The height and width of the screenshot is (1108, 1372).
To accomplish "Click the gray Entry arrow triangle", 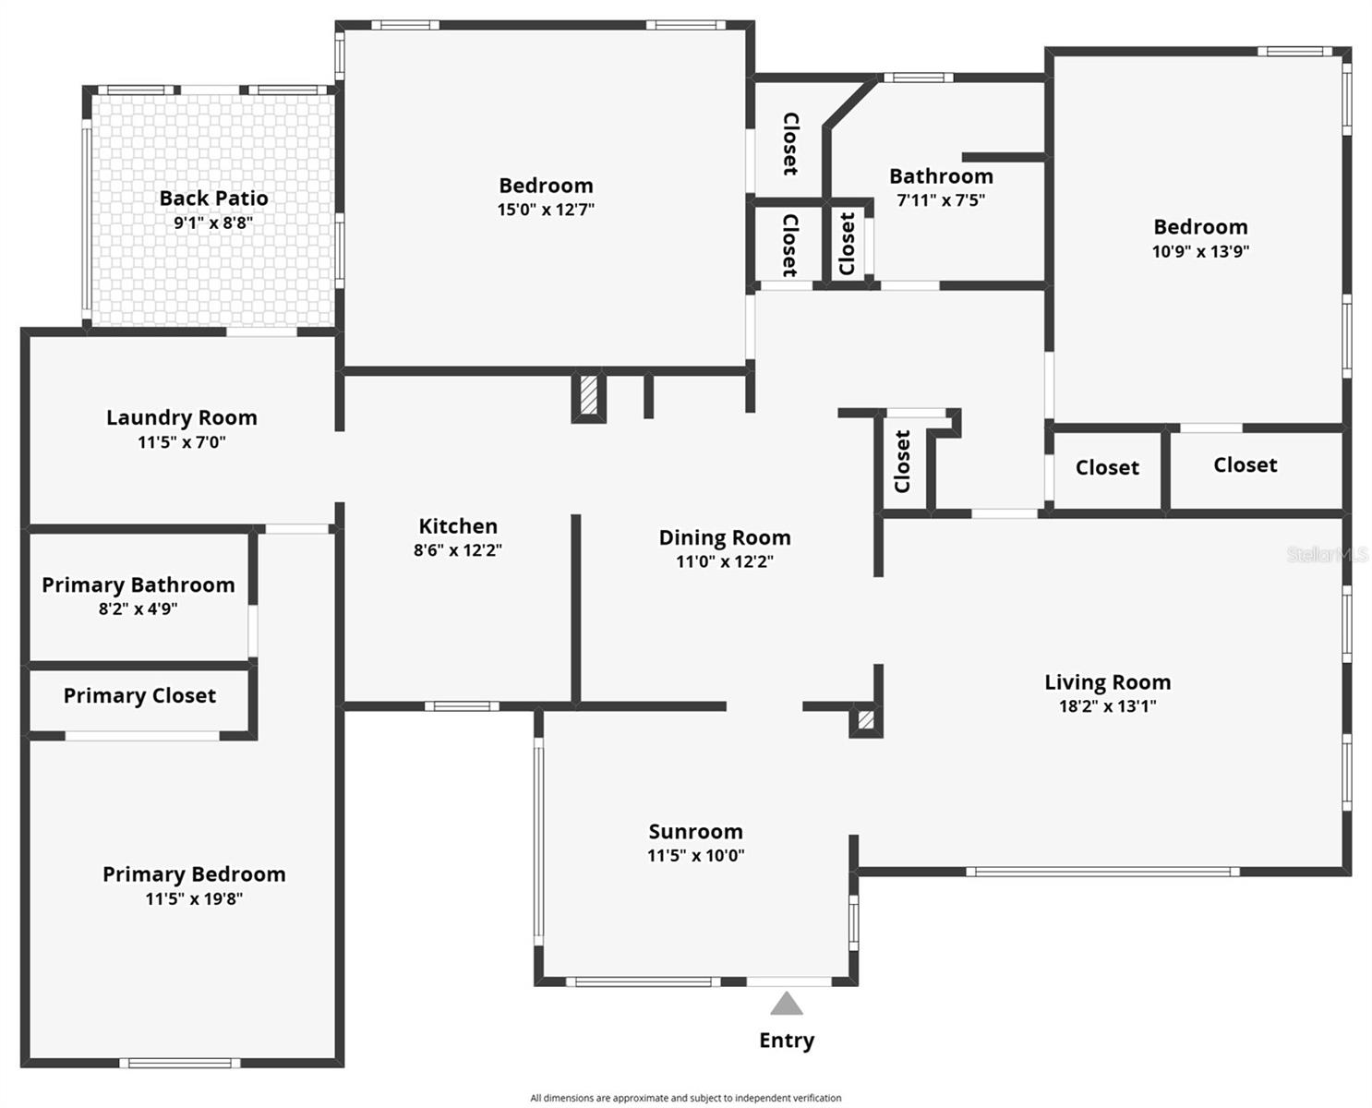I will click(x=786, y=1004).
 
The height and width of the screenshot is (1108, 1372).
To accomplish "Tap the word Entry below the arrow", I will click(x=787, y=1041).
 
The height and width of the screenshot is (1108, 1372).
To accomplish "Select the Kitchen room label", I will click(x=458, y=526).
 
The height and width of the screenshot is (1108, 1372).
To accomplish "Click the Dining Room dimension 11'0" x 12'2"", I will click(x=725, y=561).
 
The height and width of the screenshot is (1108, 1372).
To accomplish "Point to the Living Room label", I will click(x=1107, y=682).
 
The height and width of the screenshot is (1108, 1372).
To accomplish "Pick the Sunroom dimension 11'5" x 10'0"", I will click(x=695, y=856).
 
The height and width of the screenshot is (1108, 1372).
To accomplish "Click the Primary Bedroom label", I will click(x=194, y=874).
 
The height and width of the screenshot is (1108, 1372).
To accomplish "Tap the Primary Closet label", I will click(x=139, y=696).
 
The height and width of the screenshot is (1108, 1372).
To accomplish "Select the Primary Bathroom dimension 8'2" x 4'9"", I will click(x=138, y=609).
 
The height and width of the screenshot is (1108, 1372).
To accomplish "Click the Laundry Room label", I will click(x=182, y=418).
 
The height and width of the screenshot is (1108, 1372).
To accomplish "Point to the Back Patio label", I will click(x=213, y=199).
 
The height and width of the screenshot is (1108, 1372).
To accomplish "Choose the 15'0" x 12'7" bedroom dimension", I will click(x=546, y=210).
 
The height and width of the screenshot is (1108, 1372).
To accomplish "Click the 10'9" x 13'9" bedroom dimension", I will click(x=1200, y=251).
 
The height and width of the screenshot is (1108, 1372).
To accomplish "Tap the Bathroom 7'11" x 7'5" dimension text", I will click(x=941, y=200).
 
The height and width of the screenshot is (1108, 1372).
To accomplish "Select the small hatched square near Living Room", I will click(x=865, y=720).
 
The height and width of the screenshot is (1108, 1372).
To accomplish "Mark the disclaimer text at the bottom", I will click(x=685, y=1098).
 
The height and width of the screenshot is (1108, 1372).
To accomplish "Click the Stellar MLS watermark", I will click(x=1327, y=554).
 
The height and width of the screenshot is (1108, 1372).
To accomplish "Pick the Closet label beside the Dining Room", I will click(x=902, y=461).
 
